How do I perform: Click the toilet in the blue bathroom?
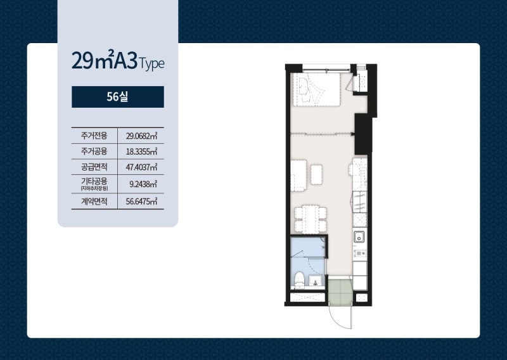(x=299, y=280)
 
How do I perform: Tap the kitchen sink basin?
(x=359, y=237)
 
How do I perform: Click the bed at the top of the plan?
(x=315, y=89)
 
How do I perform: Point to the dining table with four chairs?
(x=311, y=219)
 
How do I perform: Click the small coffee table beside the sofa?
(x=316, y=175)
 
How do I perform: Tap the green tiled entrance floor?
(x=339, y=291)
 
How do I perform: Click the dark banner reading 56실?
(x=118, y=97)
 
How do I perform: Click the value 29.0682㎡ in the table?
(x=141, y=136)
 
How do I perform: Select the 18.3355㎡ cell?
(x=141, y=151)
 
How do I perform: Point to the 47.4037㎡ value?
(x=141, y=167)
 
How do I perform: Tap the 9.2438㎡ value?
(x=143, y=184)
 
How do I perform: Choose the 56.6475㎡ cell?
(x=141, y=202)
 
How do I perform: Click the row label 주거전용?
(x=94, y=136)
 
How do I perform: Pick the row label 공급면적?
(x=94, y=167)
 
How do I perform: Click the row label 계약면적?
(x=94, y=202)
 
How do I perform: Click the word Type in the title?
(x=151, y=64)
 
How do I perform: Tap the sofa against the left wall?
(x=298, y=175)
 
